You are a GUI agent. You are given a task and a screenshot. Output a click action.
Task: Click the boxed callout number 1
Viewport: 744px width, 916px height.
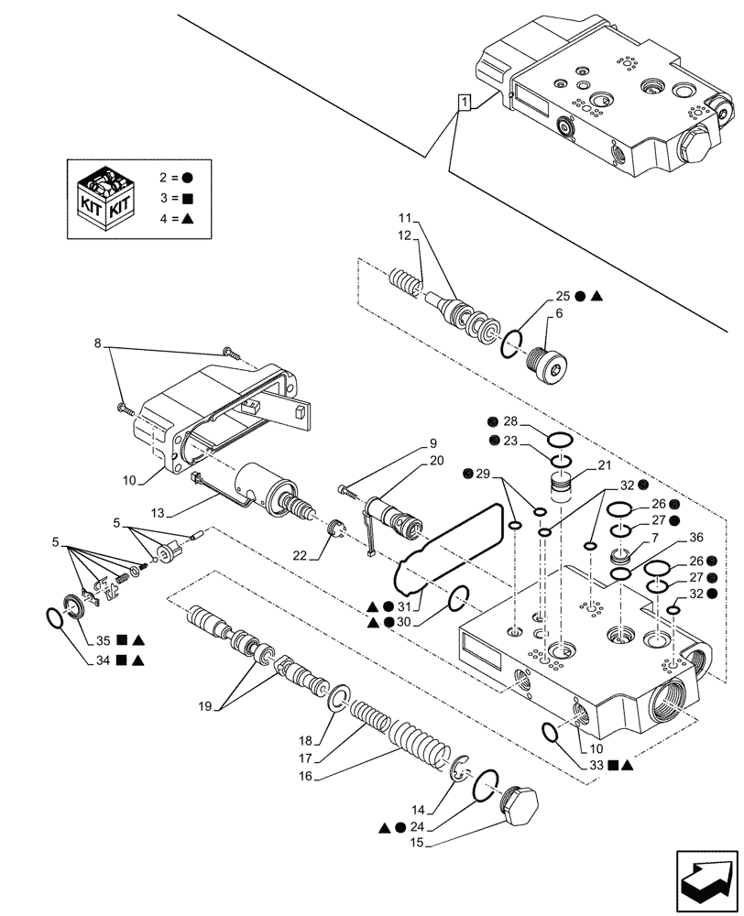click(465, 104)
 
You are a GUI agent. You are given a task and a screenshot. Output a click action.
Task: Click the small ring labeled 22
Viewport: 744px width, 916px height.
click(335, 529)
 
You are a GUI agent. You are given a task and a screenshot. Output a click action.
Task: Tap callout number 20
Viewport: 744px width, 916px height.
click(436, 461)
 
